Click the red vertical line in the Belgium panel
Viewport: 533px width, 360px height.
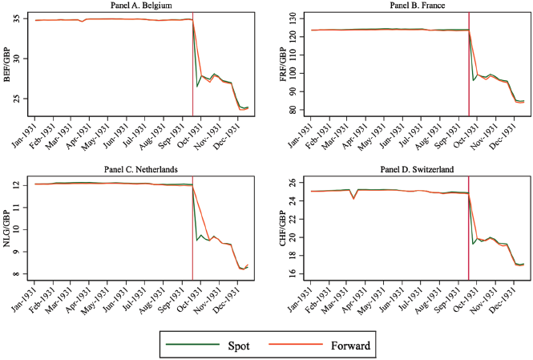[192, 72]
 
